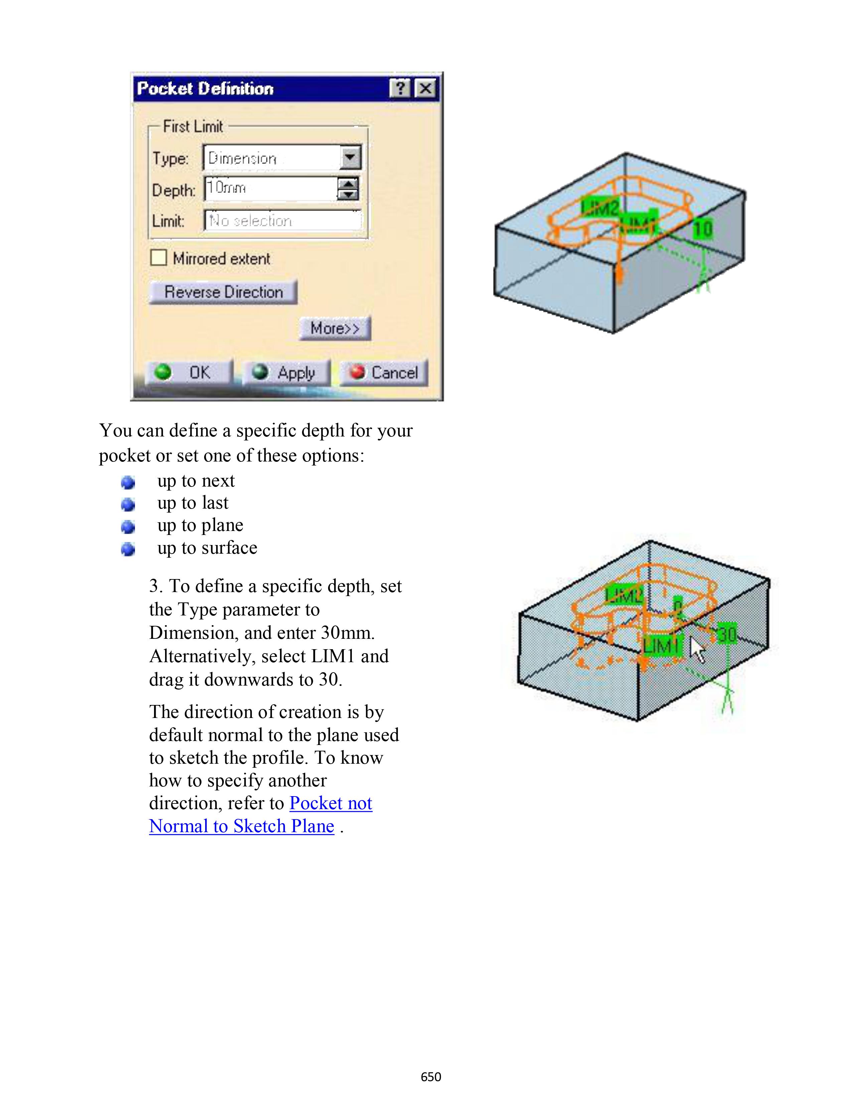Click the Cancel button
coord(384,373)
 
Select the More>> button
coord(335,329)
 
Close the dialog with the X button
coord(425,89)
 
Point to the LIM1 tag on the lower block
coord(661,646)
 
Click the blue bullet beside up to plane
coord(128,527)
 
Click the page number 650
coord(431,1077)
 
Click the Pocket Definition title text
coord(205,89)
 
